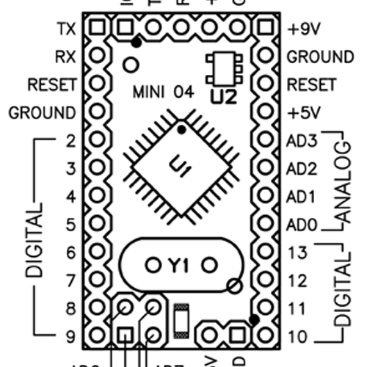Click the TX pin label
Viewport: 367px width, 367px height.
tap(65, 29)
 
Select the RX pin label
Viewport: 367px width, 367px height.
tap(65, 57)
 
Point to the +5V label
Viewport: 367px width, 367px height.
tap(302, 113)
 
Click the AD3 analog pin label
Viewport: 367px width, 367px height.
tap(301, 141)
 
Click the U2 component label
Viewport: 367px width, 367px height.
tap(222, 96)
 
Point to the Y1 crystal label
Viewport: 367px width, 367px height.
tap(180, 264)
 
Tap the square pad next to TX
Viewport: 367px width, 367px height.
tap(95, 29)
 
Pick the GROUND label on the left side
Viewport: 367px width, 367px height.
tap(42, 113)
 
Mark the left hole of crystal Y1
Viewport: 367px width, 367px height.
tap(153, 264)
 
